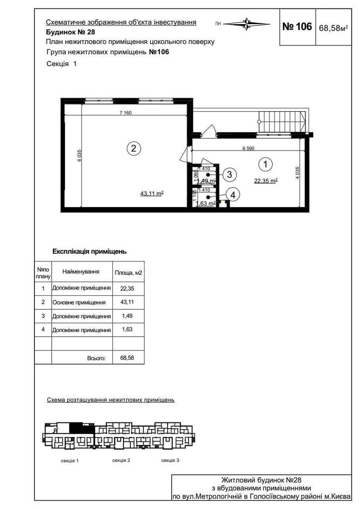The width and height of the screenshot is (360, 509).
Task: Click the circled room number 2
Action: [134, 148]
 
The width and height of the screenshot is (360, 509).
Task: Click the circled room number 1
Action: [266, 164]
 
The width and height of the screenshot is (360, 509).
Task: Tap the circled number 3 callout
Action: [229, 174]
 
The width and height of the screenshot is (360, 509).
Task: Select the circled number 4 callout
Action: [233, 195]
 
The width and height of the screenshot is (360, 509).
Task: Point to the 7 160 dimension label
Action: [126, 112]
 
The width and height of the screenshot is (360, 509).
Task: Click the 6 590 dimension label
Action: [250, 148]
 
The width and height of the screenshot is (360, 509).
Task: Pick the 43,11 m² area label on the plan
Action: [152, 193]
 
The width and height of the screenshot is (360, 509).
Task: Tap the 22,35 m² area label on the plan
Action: [266, 180]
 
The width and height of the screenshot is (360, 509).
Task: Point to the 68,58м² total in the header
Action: [334, 28]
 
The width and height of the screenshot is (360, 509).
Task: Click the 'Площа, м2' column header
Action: [128, 273]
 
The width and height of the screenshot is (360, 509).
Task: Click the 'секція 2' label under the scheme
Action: [121, 460]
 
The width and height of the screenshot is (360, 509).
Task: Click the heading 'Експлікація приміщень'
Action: [89, 251]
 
